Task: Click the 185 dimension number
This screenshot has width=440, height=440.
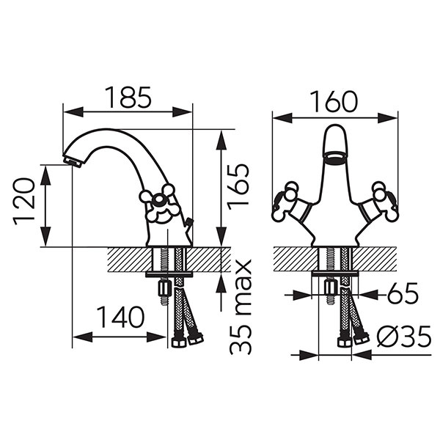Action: point(128,98)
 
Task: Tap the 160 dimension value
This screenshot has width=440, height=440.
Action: point(335,101)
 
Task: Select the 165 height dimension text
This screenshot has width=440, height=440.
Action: point(238,187)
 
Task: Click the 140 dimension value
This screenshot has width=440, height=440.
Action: point(121,317)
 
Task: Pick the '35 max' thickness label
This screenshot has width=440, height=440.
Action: point(241,307)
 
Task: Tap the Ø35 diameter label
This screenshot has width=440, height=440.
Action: point(404,336)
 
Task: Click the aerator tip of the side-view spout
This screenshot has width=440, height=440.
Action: point(72,162)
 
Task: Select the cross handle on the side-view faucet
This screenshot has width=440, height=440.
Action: point(158,203)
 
